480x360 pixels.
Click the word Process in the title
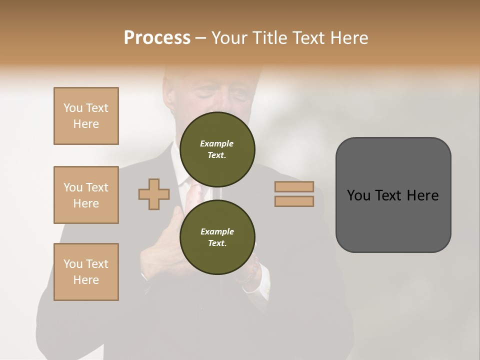pyautogui.click(x=157, y=38)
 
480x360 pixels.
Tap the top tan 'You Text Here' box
pyautogui.click(x=86, y=116)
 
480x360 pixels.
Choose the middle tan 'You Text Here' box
pyautogui.click(x=86, y=195)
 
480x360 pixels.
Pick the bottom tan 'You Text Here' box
pyautogui.click(x=86, y=272)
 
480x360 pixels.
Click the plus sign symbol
pyautogui.click(x=154, y=194)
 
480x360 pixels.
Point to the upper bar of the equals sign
pyautogui.click(x=294, y=187)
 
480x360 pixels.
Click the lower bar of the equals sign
pyautogui.click(x=294, y=201)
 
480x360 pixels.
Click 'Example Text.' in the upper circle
pyautogui.click(x=217, y=149)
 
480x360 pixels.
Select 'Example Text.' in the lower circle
pyautogui.click(x=217, y=237)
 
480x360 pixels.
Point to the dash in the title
pyautogui.click(x=201, y=38)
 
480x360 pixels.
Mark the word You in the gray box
pyautogui.click(x=358, y=195)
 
